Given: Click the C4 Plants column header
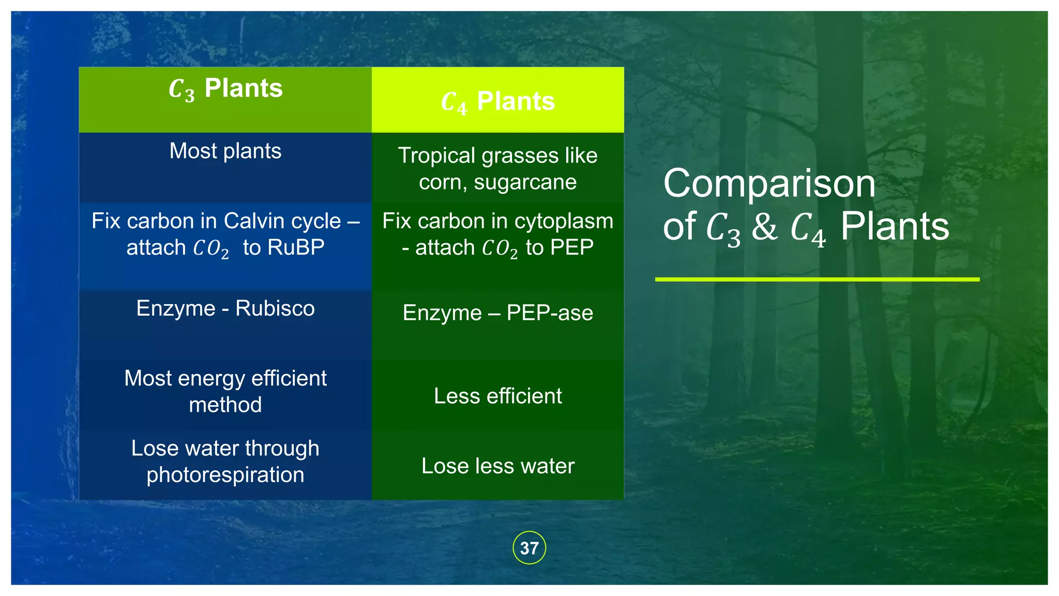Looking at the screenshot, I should (497, 101).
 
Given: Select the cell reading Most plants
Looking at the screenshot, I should (225, 151).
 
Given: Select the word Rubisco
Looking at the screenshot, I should (275, 309).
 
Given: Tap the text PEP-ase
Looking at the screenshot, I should (550, 313).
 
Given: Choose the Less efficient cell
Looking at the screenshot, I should (497, 396).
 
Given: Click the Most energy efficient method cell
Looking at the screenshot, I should (225, 392).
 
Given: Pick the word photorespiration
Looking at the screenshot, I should (225, 475).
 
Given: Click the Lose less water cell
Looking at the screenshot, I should (497, 466).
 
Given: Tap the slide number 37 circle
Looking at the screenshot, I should (529, 548).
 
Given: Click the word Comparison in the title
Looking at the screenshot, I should (769, 184).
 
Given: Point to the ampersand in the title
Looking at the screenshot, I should (764, 227).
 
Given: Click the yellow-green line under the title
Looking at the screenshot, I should (817, 279).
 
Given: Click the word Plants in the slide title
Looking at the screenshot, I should (895, 227).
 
